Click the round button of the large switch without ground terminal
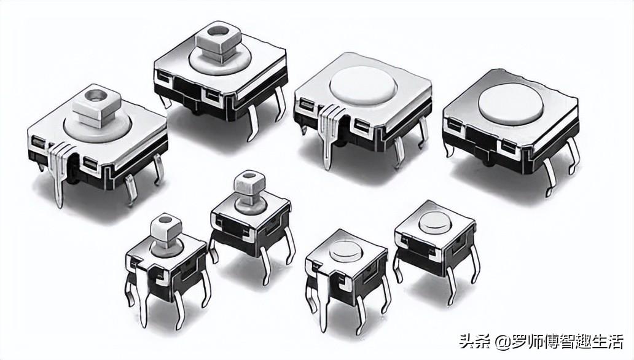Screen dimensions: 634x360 tap(511, 101)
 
